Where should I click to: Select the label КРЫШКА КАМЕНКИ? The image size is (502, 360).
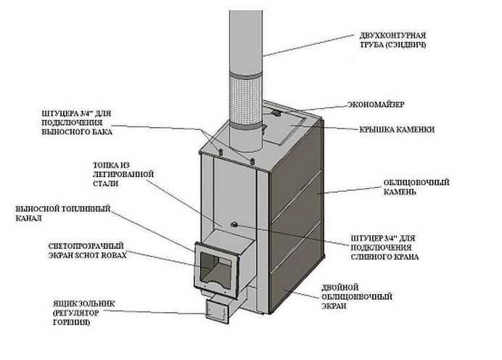click(x=397, y=130)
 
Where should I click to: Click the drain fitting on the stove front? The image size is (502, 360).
click(x=235, y=224)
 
